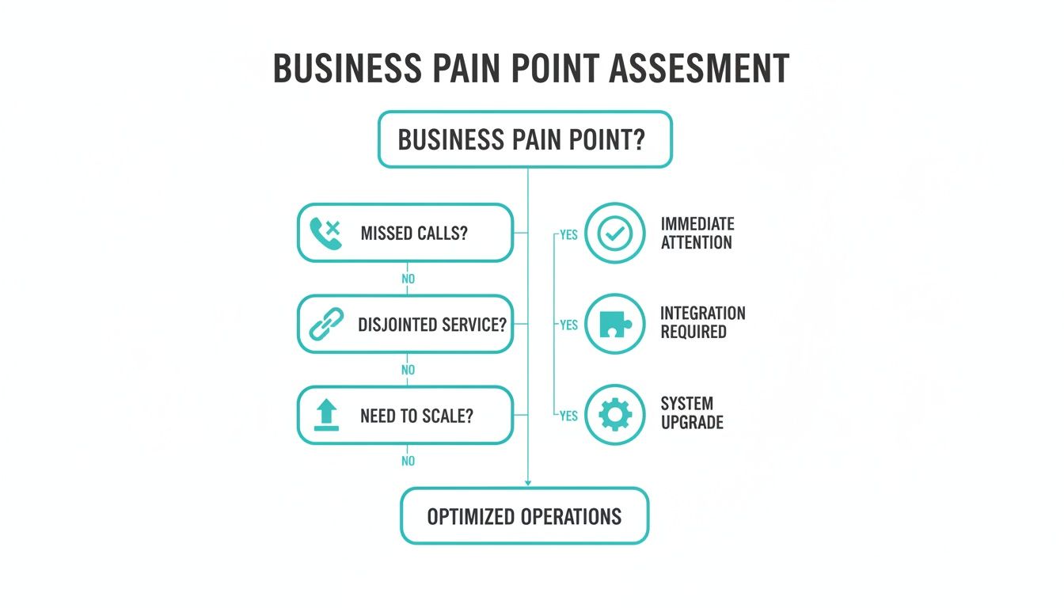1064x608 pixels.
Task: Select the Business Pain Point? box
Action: pos(525,139)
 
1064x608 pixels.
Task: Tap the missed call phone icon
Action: pos(325,234)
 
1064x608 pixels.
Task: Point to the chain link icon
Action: pos(325,325)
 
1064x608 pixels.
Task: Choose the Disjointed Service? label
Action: pos(432,325)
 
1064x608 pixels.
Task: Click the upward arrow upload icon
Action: pos(325,416)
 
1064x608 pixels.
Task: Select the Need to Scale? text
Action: pos(416,416)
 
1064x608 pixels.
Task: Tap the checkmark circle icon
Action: pos(615,234)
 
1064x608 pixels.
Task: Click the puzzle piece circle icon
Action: pos(615,324)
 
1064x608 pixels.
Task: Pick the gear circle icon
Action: pos(615,415)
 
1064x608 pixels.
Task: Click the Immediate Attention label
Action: pos(697,234)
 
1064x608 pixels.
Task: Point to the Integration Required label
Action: pos(703,322)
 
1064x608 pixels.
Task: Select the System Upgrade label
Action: pos(692,413)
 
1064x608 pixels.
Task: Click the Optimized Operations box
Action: pos(524,516)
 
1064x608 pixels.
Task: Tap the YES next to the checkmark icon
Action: pos(568,234)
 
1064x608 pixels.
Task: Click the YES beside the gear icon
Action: pos(568,416)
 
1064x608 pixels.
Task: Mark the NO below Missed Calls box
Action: pos(408,279)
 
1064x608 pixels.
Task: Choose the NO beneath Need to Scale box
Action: pos(408,461)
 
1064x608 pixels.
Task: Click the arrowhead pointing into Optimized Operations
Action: pos(528,481)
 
